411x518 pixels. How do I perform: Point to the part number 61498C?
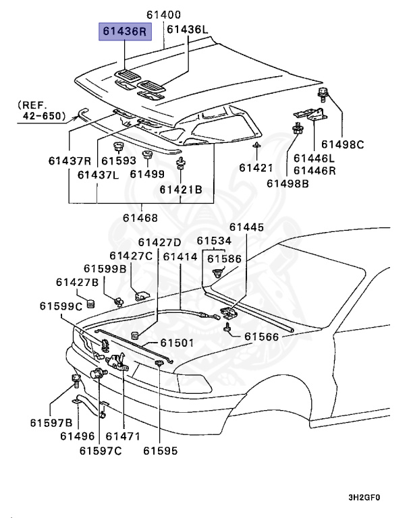pyautogui.click(x=342, y=144)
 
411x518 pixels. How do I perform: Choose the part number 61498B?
pyautogui.click(x=287, y=183)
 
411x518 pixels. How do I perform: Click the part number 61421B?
pyautogui.click(x=181, y=190)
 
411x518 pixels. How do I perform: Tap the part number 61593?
pyautogui.click(x=119, y=161)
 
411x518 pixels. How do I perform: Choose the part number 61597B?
pyautogui.click(x=51, y=422)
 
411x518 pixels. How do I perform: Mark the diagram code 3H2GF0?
pyautogui.click(x=364, y=498)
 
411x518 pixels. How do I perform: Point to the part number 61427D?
pyautogui.click(x=160, y=242)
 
